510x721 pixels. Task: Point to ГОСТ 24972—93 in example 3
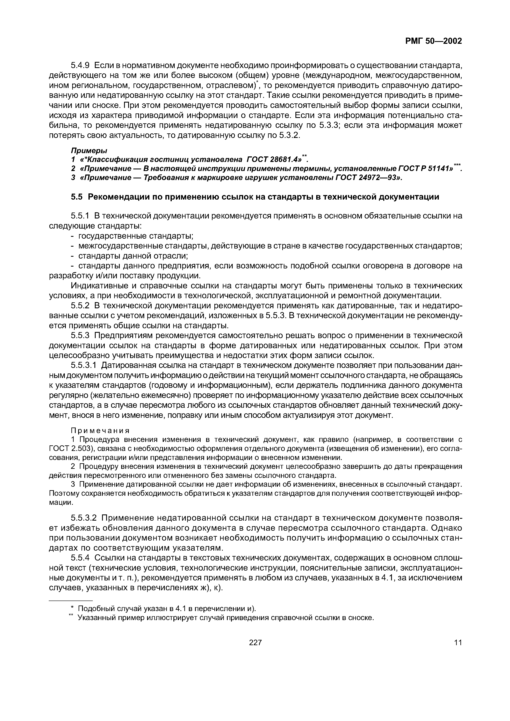click(366, 178)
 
